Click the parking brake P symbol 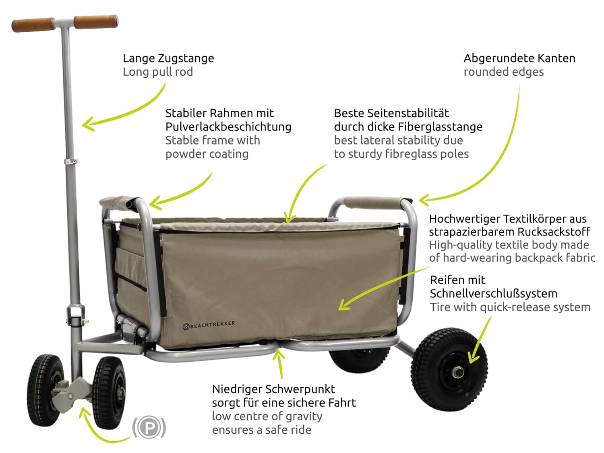(x=149, y=427)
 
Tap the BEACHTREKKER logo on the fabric (x=209, y=325)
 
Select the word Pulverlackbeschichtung (x=228, y=127)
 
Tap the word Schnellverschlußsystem (x=494, y=294)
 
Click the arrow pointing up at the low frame (x=279, y=364)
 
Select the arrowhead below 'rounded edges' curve (x=425, y=199)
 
